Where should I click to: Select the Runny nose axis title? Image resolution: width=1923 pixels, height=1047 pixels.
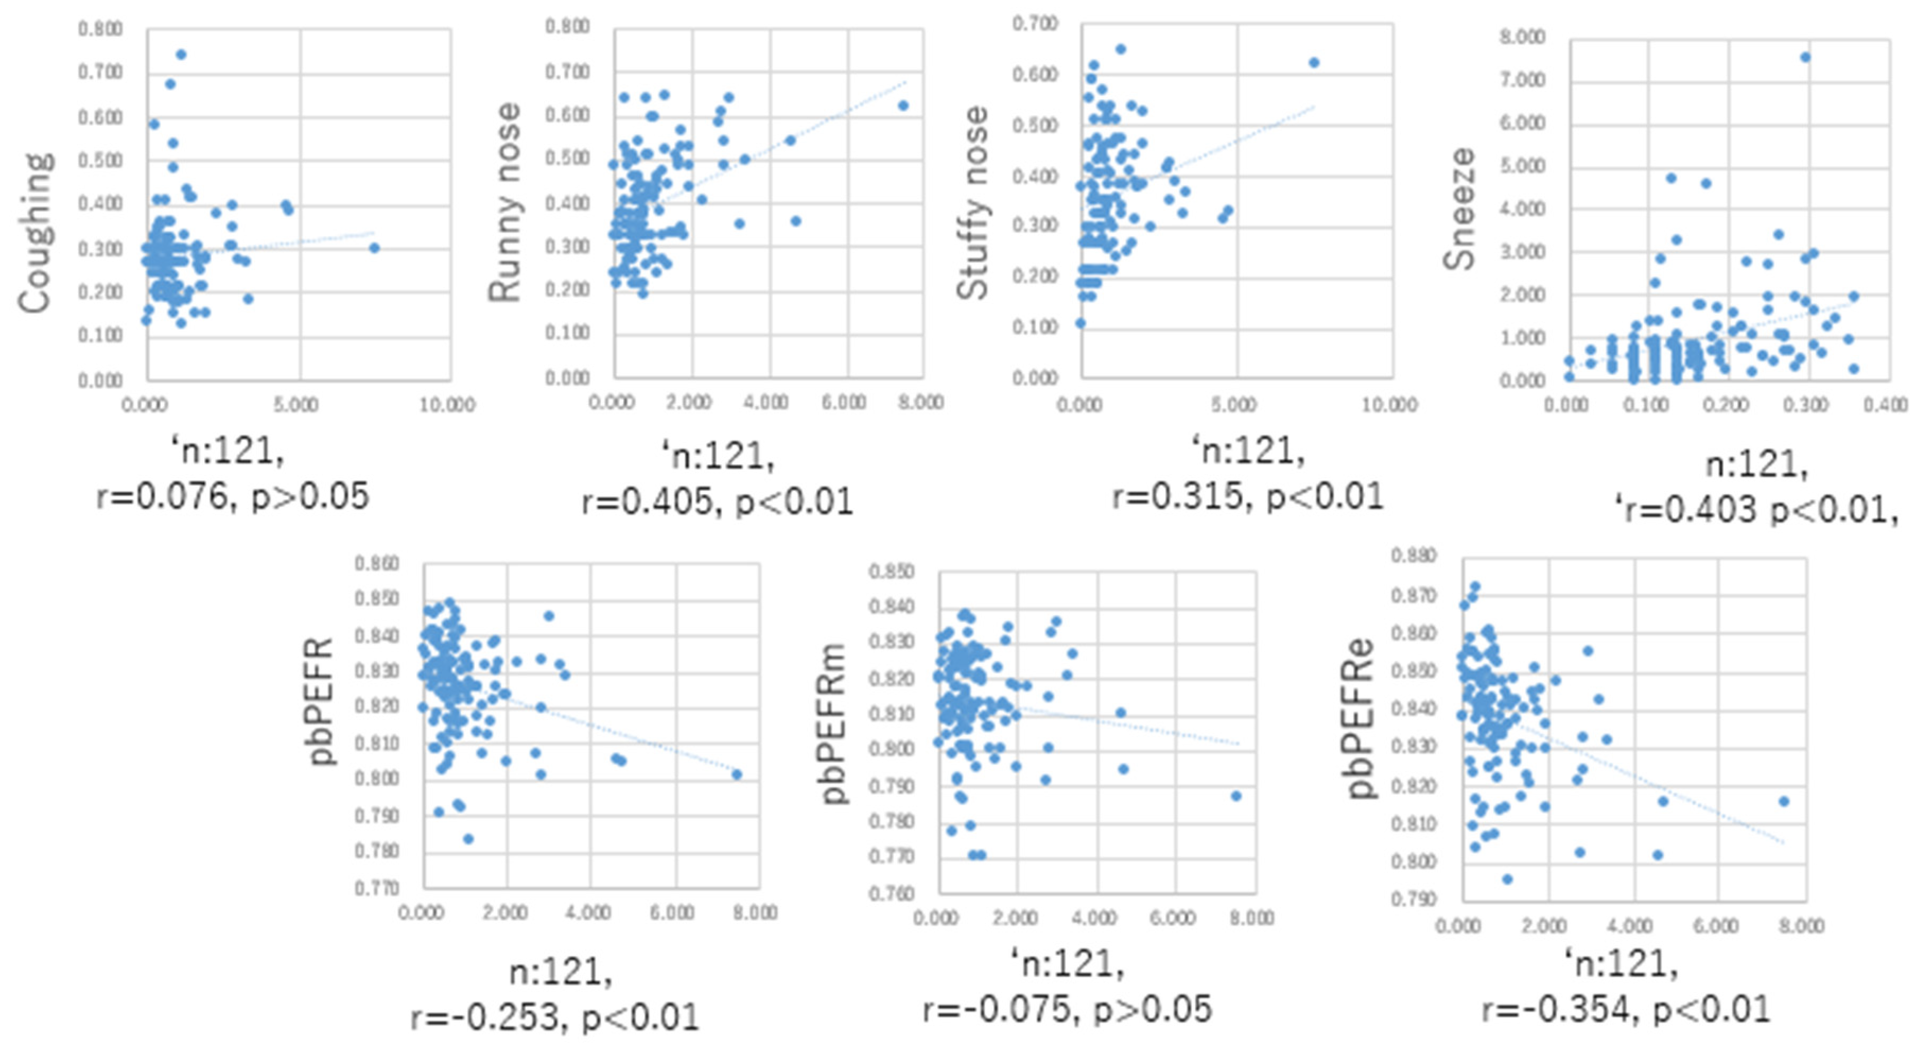coord(505,203)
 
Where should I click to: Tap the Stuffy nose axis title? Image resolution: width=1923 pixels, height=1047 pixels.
coord(973,203)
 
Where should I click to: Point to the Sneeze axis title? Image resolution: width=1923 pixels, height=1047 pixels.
coord(1459,209)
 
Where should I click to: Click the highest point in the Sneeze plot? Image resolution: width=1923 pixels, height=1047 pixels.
coord(1805,57)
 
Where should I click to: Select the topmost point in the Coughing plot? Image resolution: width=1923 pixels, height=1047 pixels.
coord(181,55)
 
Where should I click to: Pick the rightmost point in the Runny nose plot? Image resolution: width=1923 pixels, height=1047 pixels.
coord(903,105)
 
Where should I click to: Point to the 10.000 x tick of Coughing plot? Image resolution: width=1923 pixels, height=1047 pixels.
coord(447,404)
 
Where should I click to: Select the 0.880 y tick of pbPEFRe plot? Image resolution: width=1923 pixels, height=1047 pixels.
coord(1413,556)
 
